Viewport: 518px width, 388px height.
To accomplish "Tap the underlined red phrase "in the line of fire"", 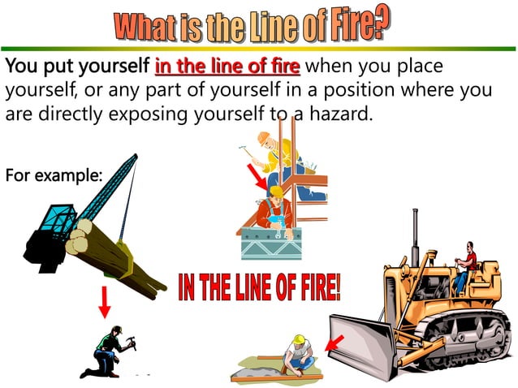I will pos(227,66).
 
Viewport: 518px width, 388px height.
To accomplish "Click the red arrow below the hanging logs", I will pos(104,301).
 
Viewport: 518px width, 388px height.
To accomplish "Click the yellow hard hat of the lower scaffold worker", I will pos(276,192).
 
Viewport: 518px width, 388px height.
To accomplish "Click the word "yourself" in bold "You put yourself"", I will pos(112,66).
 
